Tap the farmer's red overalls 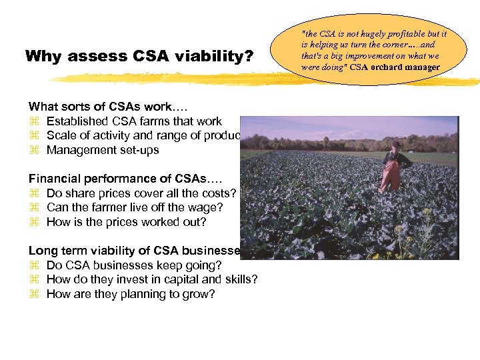pyautogui.click(x=391, y=175)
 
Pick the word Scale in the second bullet pyautogui.click(x=61, y=135)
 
